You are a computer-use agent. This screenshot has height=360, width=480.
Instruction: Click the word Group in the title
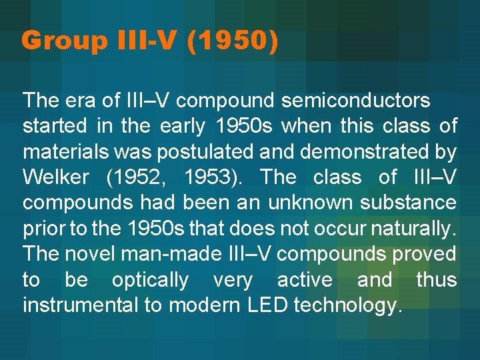click(x=64, y=41)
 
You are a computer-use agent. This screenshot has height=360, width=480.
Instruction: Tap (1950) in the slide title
click(x=232, y=41)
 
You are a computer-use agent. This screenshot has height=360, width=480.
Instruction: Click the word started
click(x=55, y=127)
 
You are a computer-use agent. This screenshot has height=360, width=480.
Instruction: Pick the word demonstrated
click(x=364, y=152)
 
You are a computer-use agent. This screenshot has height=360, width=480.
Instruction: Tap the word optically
click(x=150, y=280)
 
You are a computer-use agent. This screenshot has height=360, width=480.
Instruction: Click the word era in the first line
click(x=82, y=102)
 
